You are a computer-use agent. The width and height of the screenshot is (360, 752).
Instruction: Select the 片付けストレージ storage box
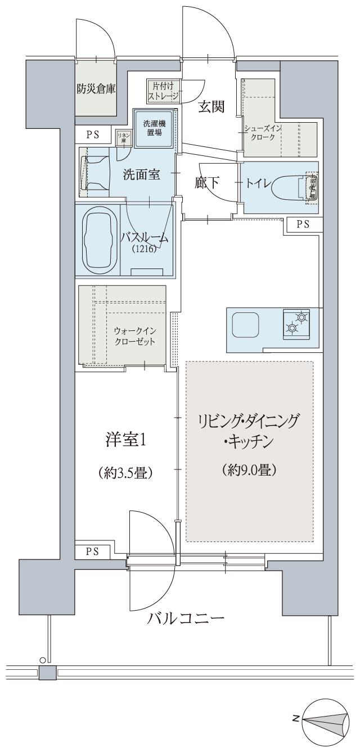[x=163, y=91]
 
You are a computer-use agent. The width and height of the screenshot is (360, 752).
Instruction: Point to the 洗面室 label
[x=142, y=175]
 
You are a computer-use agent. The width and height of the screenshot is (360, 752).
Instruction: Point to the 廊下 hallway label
[x=206, y=183]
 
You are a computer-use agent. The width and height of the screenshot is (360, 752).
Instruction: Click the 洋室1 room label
[x=126, y=440]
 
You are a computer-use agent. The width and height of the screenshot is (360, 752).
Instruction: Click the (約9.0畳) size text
[x=249, y=469]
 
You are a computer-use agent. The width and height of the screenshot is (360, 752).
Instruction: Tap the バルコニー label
[x=186, y=620]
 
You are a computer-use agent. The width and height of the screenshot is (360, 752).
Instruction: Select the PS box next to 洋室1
[x=92, y=551]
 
